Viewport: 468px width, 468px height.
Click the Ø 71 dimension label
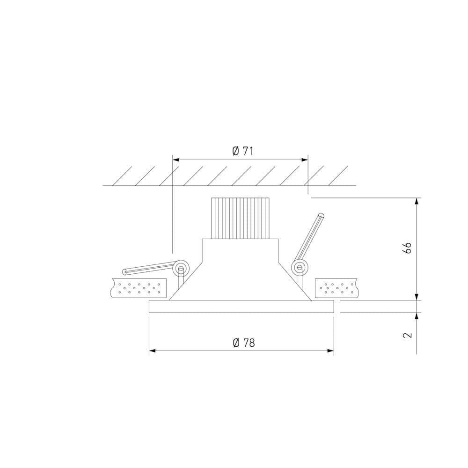242,151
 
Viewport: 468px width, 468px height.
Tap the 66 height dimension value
407,248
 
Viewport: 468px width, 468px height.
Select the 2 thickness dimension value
407,335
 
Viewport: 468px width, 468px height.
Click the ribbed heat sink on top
241,218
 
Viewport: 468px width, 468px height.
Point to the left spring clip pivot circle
181,268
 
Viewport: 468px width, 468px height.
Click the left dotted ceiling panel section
139,287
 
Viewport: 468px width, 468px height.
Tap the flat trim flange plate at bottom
241,307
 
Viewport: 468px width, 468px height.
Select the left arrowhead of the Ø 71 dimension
176,160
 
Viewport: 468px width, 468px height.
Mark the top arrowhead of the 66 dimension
417,201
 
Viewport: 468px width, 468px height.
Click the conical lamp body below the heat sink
241,271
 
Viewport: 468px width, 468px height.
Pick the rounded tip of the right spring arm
321,216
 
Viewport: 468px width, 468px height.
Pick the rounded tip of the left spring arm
124,271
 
